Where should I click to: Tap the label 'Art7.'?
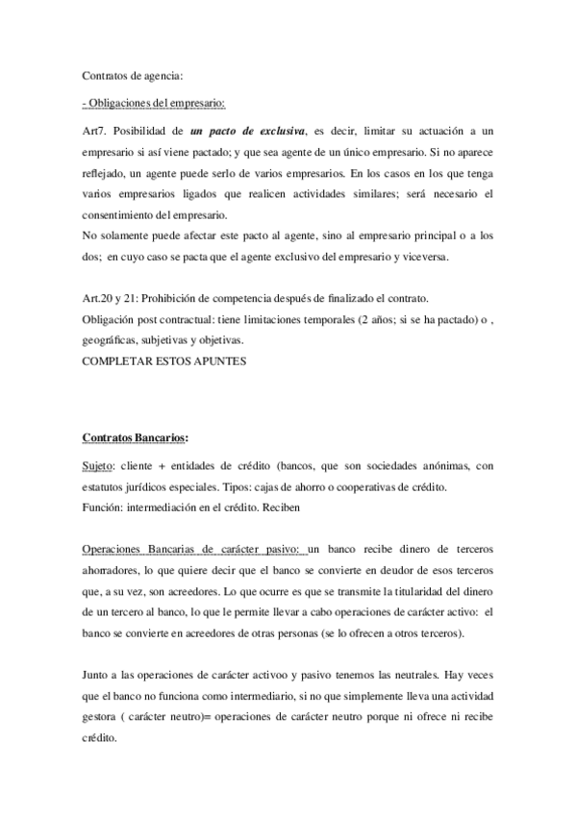(99, 130)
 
